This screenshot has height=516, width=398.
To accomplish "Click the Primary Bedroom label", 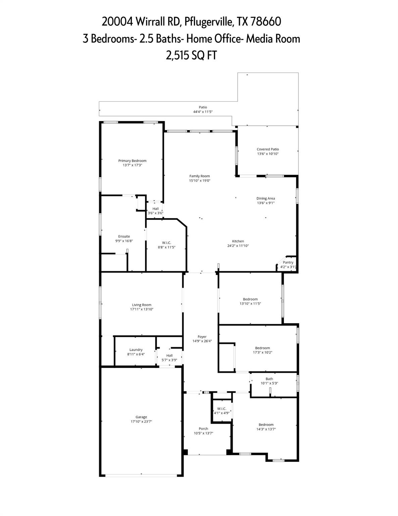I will click(x=132, y=161).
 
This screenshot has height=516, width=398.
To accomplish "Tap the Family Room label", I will click(x=199, y=176).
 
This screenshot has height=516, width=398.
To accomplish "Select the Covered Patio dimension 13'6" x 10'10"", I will click(x=268, y=154).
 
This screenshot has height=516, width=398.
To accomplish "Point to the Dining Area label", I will click(x=266, y=199).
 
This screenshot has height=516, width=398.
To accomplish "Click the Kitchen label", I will click(x=238, y=241).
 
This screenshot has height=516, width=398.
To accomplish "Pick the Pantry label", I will click(x=288, y=262).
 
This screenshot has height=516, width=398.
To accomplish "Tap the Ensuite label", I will click(x=124, y=236).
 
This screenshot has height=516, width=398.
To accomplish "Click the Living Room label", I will click(x=142, y=305).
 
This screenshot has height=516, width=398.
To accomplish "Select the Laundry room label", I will click(x=136, y=350).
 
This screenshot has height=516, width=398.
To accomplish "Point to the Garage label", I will click(x=141, y=417).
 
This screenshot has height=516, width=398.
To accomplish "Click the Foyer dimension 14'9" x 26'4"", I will click(x=202, y=341).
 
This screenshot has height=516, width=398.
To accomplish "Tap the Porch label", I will click(x=203, y=429).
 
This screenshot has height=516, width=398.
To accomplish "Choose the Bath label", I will click(x=269, y=379).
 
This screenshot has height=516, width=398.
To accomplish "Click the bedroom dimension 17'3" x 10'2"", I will click(x=262, y=352).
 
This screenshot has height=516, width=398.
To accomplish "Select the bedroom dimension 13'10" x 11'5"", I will click(x=250, y=303).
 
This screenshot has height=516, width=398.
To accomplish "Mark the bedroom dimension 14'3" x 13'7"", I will click(x=266, y=429).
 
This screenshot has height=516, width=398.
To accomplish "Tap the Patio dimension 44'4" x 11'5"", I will click(x=203, y=112).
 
